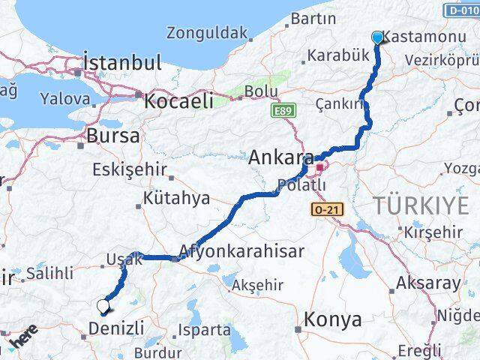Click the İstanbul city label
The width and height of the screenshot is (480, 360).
[x=122, y=62]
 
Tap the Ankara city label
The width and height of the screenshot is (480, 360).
[x=280, y=157]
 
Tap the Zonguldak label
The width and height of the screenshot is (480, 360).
[x=206, y=33]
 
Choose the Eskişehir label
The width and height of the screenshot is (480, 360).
[x=129, y=169]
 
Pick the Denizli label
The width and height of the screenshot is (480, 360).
[x=116, y=328]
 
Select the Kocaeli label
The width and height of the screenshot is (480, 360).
[x=178, y=100]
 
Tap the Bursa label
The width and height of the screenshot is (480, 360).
[x=113, y=136]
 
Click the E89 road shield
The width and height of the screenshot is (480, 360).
[x=283, y=111]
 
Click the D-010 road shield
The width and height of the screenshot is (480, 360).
[x=460, y=10]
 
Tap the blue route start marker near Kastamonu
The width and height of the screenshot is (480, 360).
[x=377, y=37]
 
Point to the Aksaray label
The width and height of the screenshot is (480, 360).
[x=430, y=283]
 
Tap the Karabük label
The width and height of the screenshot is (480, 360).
[x=339, y=55]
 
